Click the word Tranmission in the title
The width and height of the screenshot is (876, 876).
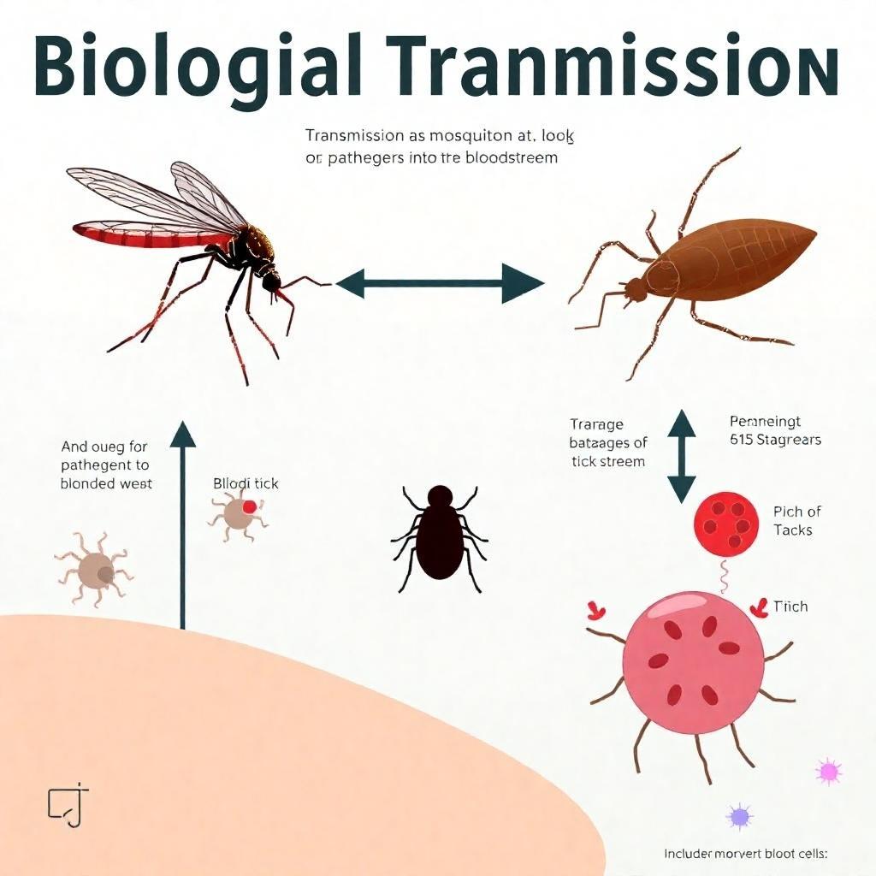(x=616, y=68)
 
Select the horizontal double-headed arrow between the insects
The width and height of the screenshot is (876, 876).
(x=440, y=282)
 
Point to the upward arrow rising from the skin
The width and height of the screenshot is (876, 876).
(x=183, y=522)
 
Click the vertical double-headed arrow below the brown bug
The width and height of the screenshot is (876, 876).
(x=682, y=455)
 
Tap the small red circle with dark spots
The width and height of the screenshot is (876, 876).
(x=727, y=524)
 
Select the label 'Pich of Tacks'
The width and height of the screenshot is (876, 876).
(x=797, y=521)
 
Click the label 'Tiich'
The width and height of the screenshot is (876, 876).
(x=790, y=607)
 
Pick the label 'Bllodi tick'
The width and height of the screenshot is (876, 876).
(x=246, y=484)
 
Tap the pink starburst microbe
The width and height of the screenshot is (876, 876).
(x=828, y=772)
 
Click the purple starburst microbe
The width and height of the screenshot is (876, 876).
(x=738, y=816)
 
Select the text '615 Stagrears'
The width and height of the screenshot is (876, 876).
(x=776, y=440)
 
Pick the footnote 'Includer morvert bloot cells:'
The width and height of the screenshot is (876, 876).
(x=747, y=854)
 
